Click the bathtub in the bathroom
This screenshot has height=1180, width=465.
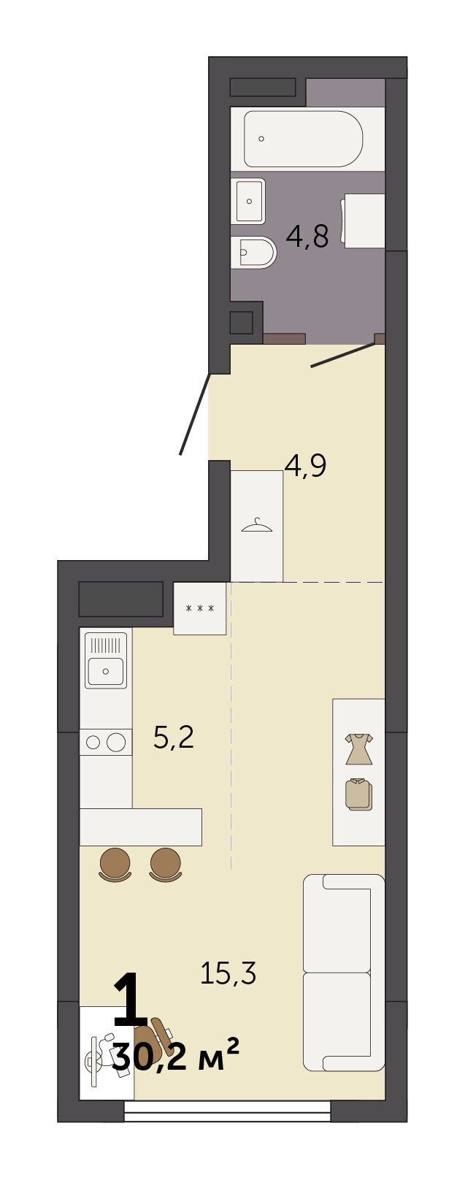tap(304, 139)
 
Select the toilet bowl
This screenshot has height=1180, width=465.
tap(253, 253)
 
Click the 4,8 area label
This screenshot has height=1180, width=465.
tap(307, 237)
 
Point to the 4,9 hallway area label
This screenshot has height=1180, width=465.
tap(305, 466)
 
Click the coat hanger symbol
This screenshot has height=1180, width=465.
tap(256, 526)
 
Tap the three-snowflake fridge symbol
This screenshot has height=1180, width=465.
tap(200, 608)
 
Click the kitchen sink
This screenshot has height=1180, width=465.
tap(106, 660)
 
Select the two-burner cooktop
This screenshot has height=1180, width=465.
tap(105, 742)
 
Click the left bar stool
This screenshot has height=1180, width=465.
tap(115, 865)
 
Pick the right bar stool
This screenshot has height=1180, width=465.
tap(166, 865)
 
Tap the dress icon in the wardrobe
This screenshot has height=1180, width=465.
tap(359, 748)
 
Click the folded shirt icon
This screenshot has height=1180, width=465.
tap(359, 795)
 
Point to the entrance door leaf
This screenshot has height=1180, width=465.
tap(195, 414)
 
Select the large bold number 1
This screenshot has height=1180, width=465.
tap(131, 1000)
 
